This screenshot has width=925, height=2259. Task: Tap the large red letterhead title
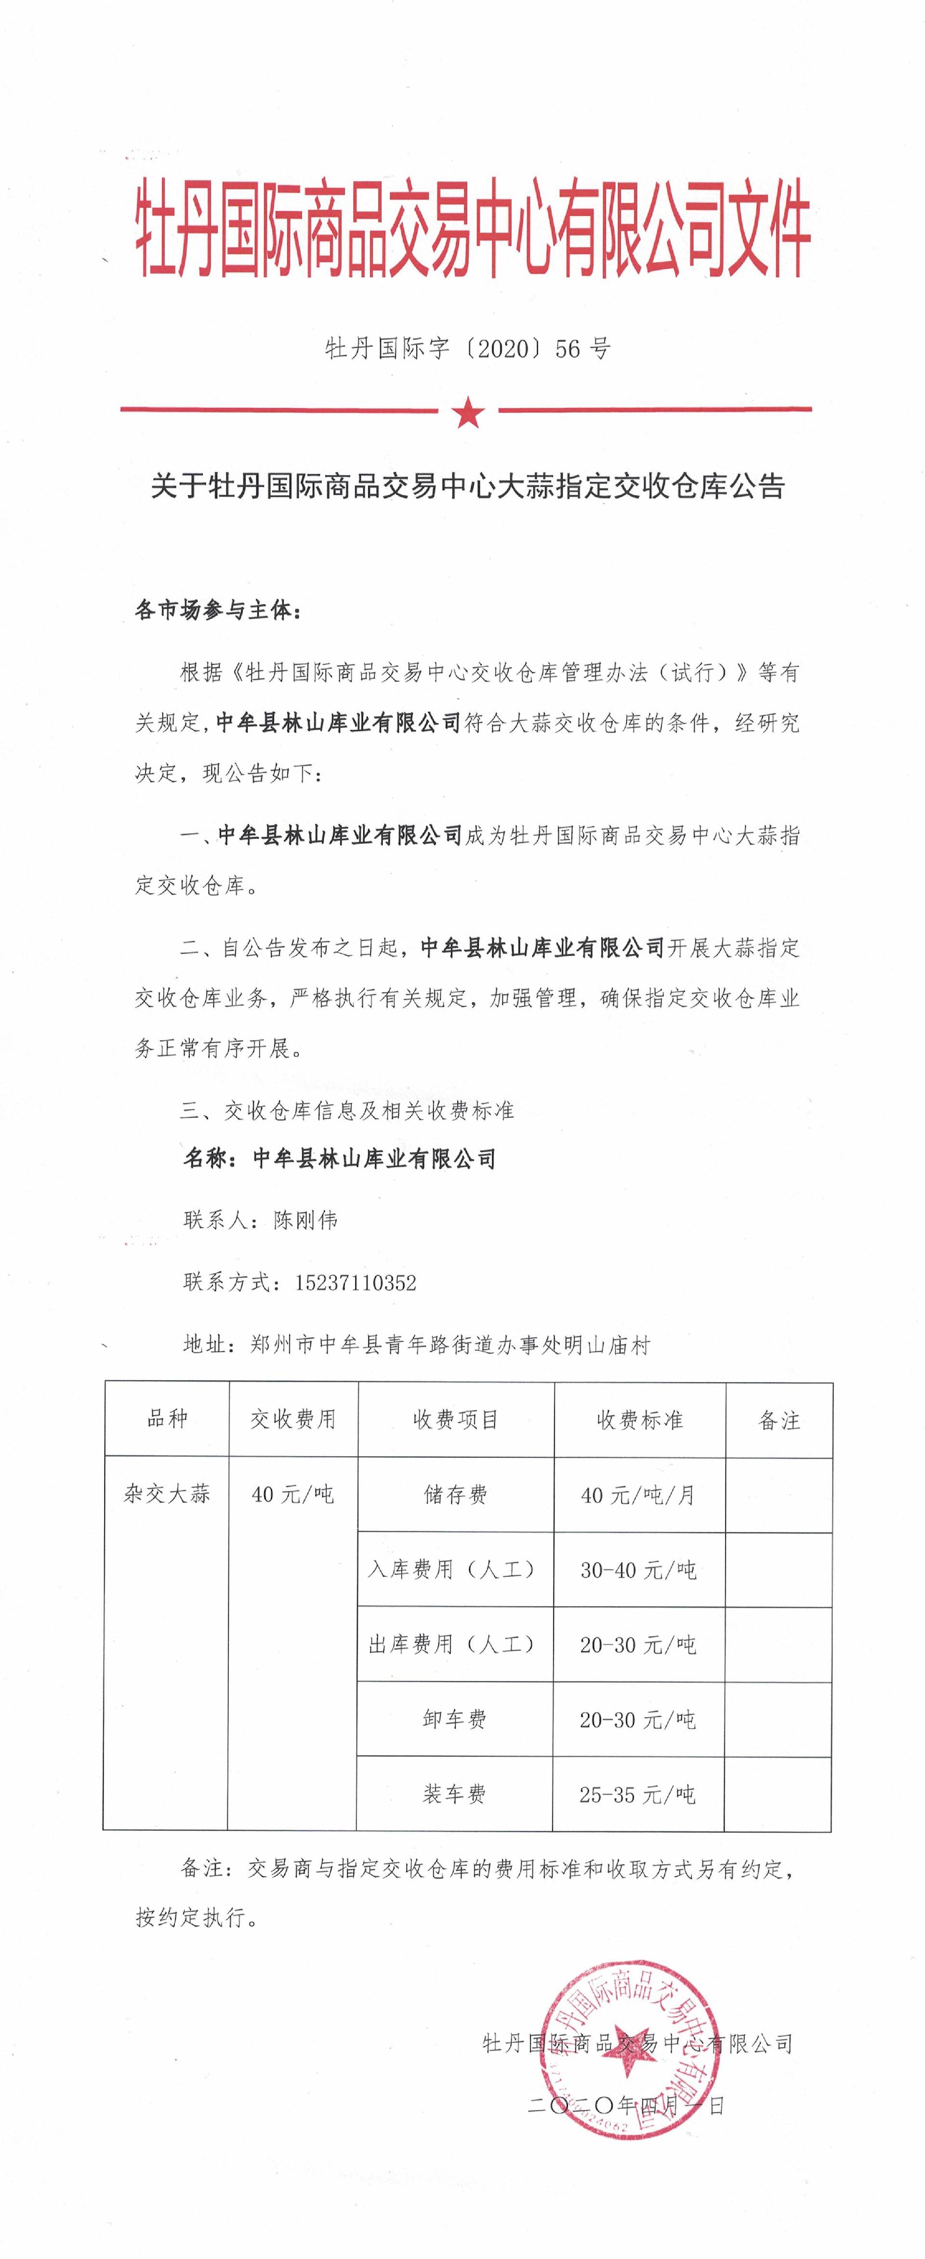tap(472, 230)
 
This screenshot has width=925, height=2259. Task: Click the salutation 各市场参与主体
tap(217, 609)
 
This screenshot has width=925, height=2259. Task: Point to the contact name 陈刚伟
tap(305, 1220)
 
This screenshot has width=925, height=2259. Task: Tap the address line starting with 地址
tap(416, 1345)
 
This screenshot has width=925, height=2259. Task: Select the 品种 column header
tap(167, 1419)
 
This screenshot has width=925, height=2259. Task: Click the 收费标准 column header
tap(639, 1420)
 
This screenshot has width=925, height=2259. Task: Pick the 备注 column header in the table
tap(779, 1421)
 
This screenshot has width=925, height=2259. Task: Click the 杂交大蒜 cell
tap(167, 1493)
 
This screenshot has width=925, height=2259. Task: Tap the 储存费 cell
tap(455, 1494)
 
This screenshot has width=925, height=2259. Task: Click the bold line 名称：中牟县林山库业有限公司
tap(339, 1158)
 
